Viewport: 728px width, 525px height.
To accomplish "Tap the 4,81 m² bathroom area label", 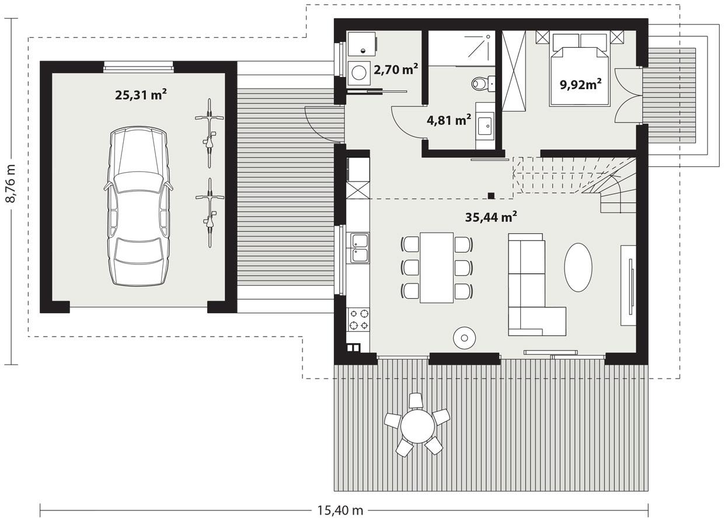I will click(x=449, y=121).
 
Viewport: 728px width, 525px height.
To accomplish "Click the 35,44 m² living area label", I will click(x=491, y=218).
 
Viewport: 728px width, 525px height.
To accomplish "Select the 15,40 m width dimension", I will click(x=340, y=510).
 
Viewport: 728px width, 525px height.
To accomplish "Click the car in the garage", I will click(x=138, y=207).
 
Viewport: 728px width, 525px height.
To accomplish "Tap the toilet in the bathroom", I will click(x=482, y=85).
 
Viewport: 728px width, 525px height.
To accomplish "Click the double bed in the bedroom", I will click(x=580, y=70).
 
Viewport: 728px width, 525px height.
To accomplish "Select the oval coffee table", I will click(x=578, y=267).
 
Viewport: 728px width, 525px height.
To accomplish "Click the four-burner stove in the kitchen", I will click(x=358, y=320).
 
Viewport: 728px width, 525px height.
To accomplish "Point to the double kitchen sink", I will click(x=358, y=247).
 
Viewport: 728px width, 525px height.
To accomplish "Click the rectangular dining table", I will click(x=437, y=267).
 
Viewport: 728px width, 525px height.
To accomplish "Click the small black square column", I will click(x=492, y=196).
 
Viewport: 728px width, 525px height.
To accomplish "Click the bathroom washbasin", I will click(x=485, y=124).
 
